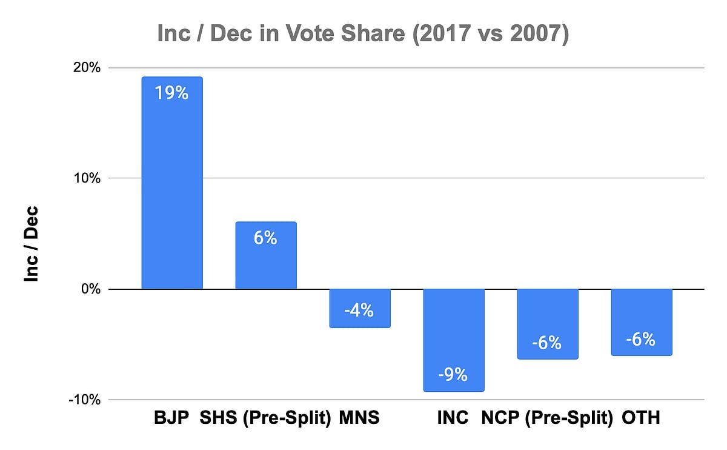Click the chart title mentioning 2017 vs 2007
pos(363,34)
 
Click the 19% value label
pos(171,94)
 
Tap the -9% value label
pos(453,375)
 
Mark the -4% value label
pos(359,311)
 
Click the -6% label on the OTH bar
pos(641,339)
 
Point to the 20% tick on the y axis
pos(87,67)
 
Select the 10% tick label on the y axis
pos(87,178)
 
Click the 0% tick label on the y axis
pos(91,289)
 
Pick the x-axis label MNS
pos(359,418)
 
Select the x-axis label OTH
pos(641,418)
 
